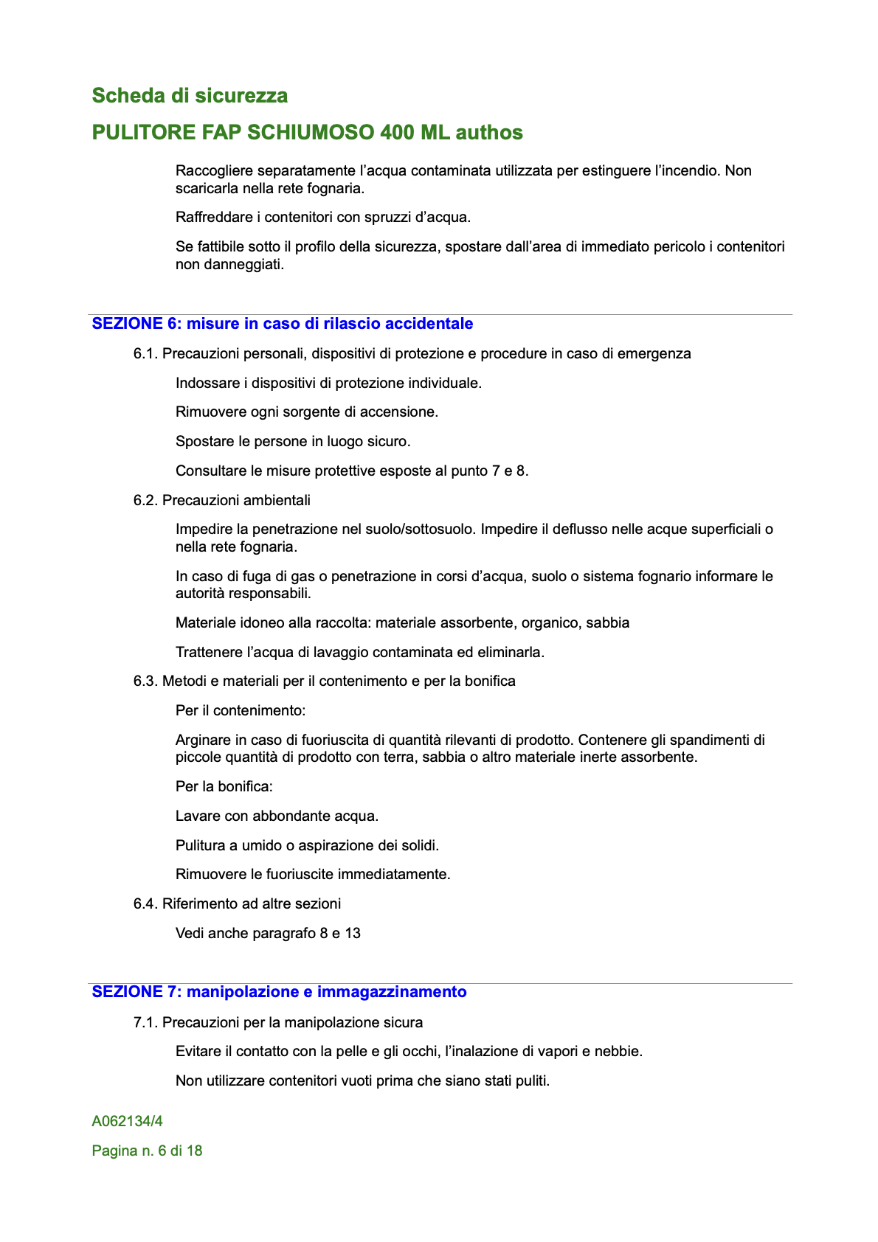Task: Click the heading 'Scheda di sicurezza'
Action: [190, 96]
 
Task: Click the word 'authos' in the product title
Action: [489, 133]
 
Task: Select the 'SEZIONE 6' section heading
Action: [283, 324]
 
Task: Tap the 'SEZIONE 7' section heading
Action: [279, 992]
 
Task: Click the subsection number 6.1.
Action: [145, 354]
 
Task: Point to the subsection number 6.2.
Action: [145, 501]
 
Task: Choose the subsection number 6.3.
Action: [145, 681]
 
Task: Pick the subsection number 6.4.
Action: [145, 904]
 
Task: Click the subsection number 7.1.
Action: [145, 1023]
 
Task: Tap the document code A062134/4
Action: [127, 1122]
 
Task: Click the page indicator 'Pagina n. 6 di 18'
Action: [147, 1151]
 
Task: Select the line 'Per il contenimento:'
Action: [241, 711]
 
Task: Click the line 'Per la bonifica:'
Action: [224, 787]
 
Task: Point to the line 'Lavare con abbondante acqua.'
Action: [277, 816]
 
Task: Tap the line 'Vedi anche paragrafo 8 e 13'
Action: [268, 934]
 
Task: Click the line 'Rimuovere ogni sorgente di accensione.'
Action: [307, 412]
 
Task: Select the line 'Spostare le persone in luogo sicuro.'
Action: [293, 442]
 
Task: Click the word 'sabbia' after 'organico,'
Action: [608, 623]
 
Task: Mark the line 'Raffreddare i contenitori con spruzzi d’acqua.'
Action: [322, 218]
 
